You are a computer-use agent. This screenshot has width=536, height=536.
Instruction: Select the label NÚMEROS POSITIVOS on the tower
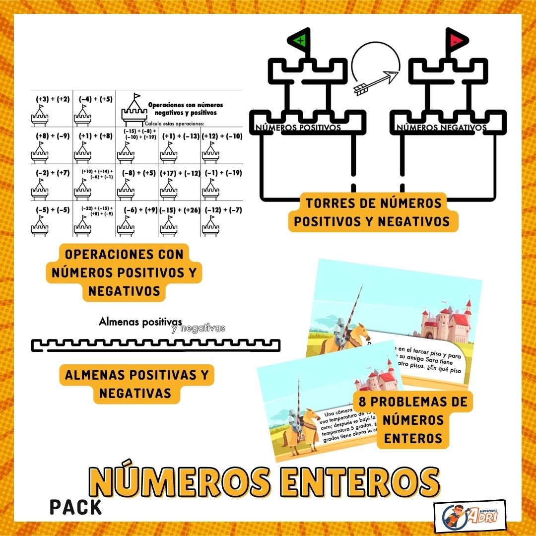pyautogui.click(x=298, y=128)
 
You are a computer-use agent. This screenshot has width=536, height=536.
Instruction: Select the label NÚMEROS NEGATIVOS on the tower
pyautogui.click(x=441, y=128)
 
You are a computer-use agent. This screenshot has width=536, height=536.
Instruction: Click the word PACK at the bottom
pyautogui.click(x=75, y=507)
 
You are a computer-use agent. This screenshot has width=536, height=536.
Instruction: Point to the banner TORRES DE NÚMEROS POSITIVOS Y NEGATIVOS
pyautogui.click(x=373, y=212)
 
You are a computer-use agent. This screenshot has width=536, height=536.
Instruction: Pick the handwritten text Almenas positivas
pyautogui.click(x=140, y=322)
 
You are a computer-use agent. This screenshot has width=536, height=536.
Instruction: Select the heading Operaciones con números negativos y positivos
pyautogui.click(x=186, y=109)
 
